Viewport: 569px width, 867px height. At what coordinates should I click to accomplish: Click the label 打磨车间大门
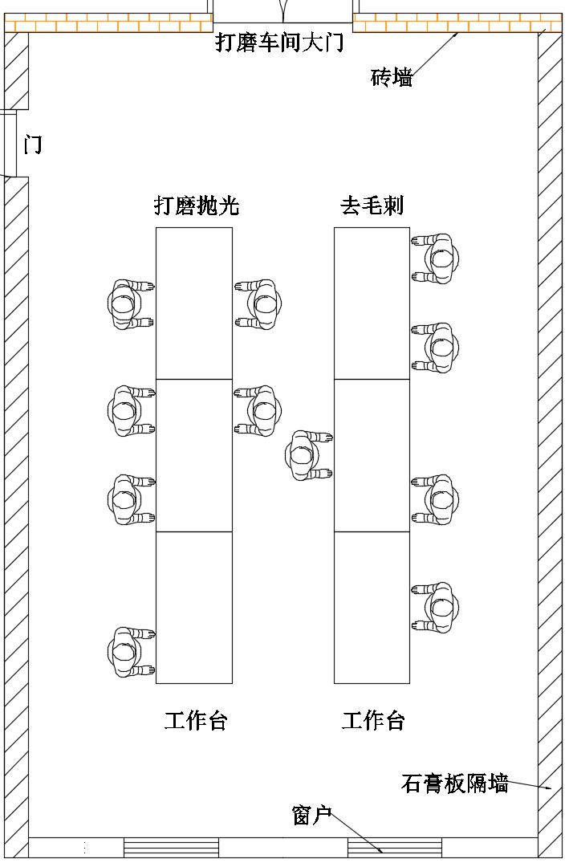click(279, 43)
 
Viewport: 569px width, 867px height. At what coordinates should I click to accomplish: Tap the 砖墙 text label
click(392, 78)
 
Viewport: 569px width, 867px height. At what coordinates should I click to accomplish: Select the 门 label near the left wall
click(33, 145)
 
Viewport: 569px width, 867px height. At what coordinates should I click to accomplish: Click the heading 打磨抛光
click(197, 206)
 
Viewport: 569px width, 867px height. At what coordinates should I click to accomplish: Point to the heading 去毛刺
click(372, 206)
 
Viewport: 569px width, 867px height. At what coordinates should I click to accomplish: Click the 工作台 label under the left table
click(196, 721)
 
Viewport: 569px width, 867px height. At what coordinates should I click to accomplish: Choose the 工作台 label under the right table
click(373, 721)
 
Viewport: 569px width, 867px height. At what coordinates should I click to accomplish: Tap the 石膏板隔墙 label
click(454, 784)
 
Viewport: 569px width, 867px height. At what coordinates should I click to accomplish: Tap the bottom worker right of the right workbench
click(437, 608)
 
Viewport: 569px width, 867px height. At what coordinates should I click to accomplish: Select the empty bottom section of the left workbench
click(194, 608)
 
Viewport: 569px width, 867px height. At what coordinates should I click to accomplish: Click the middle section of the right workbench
click(372, 455)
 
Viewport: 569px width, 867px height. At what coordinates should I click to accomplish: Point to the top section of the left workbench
click(194, 303)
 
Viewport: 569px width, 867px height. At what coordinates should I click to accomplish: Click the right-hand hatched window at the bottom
click(395, 848)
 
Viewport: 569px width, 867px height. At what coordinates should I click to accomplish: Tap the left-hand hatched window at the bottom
click(171, 848)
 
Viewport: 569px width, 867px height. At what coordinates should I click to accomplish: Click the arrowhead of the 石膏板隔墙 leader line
click(550, 788)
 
